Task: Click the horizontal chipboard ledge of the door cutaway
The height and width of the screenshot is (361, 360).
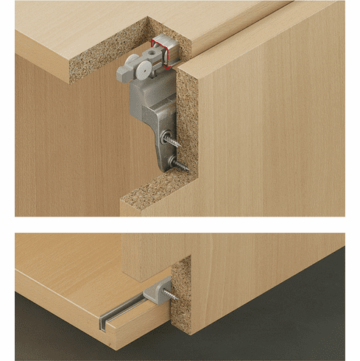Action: click(155, 200)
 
